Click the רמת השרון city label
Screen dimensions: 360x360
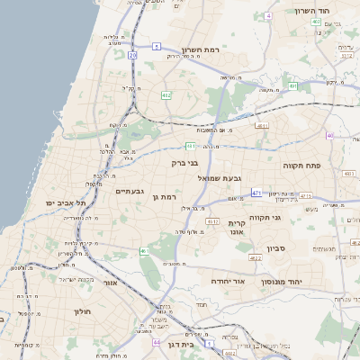[x=201, y=50]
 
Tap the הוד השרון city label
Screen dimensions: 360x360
[x=314, y=12]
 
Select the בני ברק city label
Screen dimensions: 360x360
[x=184, y=164]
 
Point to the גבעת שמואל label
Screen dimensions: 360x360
[x=220, y=178]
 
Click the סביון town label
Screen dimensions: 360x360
[x=275, y=247]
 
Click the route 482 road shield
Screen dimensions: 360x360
[x=166, y=94]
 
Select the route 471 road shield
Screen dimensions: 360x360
[x=256, y=193]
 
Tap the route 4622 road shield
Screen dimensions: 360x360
[x=256, y=258]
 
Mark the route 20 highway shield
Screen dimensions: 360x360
[x=132, y=55]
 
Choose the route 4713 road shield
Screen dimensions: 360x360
[x=305, y=195]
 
